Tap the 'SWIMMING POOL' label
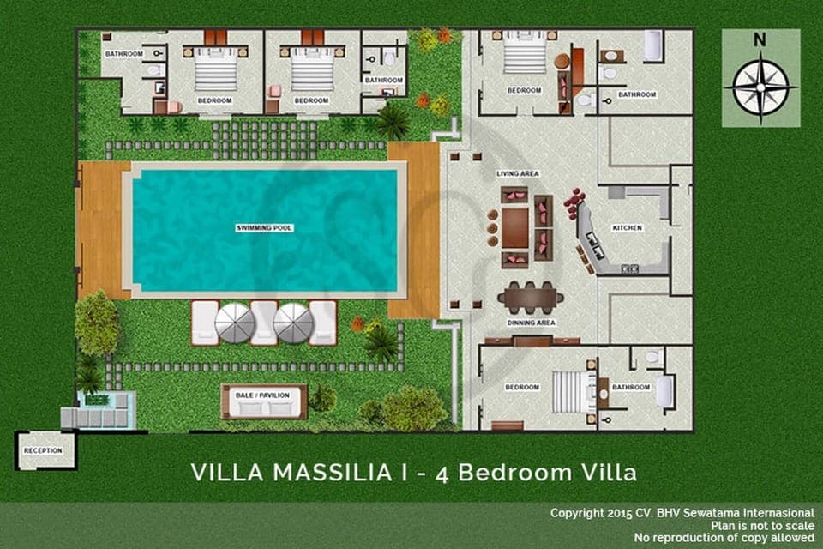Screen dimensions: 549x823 point(265,228)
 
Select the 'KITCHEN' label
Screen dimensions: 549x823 point(627,228)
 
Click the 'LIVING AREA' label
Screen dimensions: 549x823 point(518,174)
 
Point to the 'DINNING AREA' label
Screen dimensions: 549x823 point(532,323)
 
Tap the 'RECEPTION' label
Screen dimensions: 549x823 point(44,450)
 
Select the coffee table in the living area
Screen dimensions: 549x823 point(515,227)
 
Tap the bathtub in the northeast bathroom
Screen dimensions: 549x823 point(652,46)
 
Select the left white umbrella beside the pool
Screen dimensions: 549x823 point(234,323)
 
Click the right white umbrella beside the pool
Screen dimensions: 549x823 point(293,323)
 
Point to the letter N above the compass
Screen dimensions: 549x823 point(760,39)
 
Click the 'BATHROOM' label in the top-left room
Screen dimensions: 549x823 point(123,53)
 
